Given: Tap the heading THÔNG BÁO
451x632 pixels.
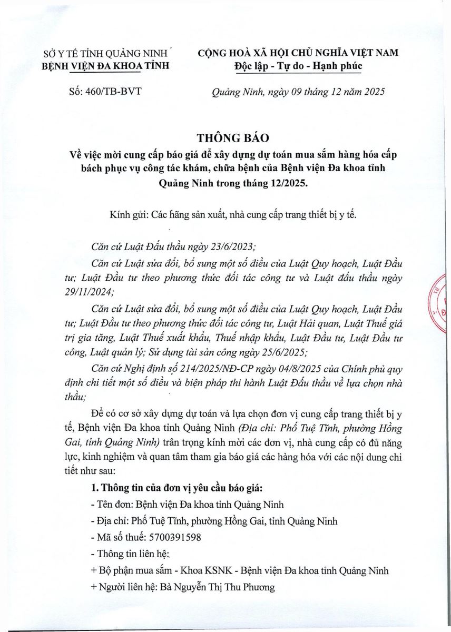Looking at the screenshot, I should point(232,138).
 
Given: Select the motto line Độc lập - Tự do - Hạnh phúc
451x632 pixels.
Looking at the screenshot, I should point(298,65).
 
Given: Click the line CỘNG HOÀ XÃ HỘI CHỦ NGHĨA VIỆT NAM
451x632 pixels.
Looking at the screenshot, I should point(298,53).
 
